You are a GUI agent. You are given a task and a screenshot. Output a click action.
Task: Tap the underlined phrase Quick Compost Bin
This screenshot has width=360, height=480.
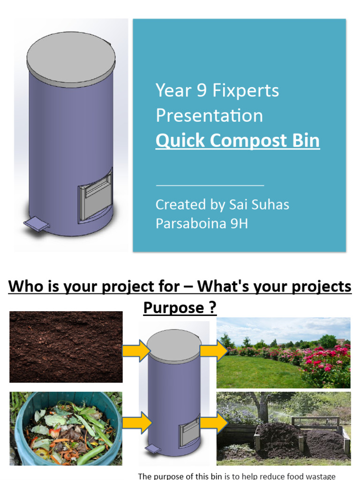(x=238, y=141)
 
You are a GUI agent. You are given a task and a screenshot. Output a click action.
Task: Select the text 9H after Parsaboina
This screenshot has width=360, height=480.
(x=237, y=224)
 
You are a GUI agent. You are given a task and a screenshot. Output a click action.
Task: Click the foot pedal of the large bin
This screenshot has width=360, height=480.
(x=37, y=224)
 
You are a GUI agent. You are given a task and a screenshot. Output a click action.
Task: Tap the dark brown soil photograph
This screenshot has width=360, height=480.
(x=66, y=347)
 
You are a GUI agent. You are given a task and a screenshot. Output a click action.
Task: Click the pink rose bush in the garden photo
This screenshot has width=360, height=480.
(x=328, y=363)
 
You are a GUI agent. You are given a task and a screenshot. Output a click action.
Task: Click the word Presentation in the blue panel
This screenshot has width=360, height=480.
(x=209, y=116)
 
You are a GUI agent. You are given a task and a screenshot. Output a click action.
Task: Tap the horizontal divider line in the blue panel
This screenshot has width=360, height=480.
(x=210, y=186)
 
